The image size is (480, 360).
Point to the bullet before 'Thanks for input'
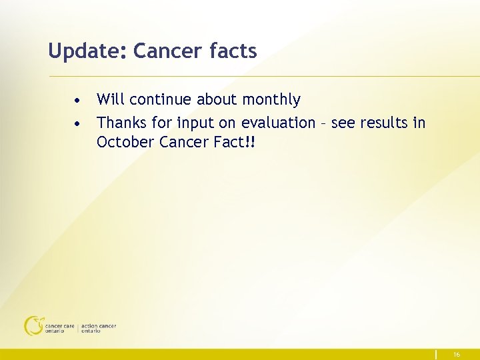[79, 124]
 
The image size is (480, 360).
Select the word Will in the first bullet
[111, 100]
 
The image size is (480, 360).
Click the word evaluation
[278, 123]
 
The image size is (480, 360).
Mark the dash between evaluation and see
[324, 123]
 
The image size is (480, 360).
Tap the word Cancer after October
[182, 142]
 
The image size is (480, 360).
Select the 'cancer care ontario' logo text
[59, 329]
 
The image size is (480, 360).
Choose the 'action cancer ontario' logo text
[99, 329]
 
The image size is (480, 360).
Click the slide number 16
[457, 355]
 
